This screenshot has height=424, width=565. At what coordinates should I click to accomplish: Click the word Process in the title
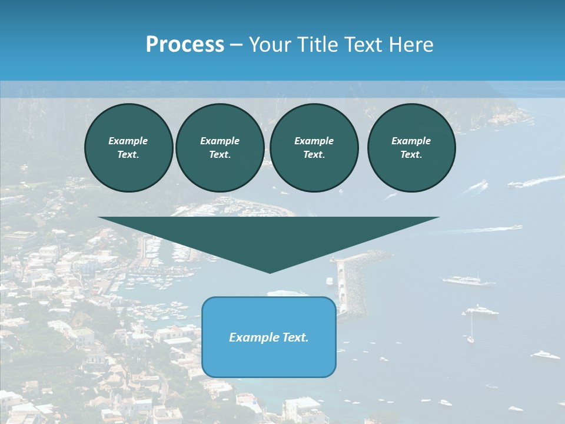click(185, 45)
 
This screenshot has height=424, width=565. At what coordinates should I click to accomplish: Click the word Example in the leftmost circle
click(128, 141)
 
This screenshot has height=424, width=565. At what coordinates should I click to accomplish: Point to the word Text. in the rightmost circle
click(411, 155)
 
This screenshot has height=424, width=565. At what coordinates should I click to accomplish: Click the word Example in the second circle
click(220, 141)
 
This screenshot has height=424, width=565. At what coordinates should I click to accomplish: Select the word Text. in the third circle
click(314, 155)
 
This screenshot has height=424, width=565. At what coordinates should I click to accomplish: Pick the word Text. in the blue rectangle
click(295, 337)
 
